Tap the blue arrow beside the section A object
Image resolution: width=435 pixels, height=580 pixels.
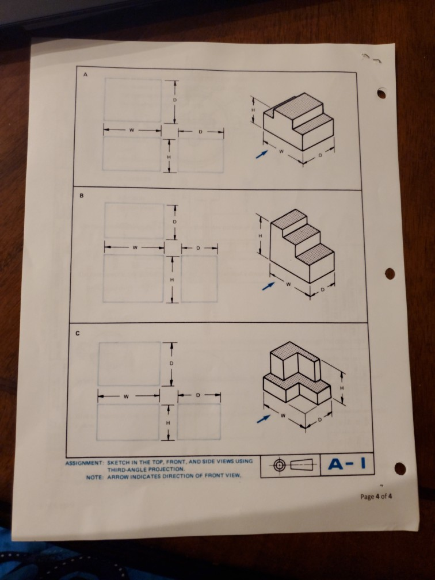pyautogui.click(x=262, y=154)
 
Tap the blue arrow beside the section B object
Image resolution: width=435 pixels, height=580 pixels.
pyautogui.click(x=265, y=285)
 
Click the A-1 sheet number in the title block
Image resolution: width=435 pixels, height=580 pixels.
pyautogui.click(x=348, y=464)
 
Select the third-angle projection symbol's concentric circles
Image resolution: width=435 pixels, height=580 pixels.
pyautogui.click(x=280, y=465)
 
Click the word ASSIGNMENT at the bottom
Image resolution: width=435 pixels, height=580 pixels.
pyautogui.click(x=84, y=462)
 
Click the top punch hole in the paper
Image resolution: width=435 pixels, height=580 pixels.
pyautogui.click(x=381, y=93)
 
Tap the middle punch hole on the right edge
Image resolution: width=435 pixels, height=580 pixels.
pyautogui.click(x=390, y=273)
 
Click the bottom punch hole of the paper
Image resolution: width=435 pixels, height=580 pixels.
pyautogui.click(x=399, y=469)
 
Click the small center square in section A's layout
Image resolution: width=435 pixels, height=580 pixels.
pyautogui.click(x=169, y=131)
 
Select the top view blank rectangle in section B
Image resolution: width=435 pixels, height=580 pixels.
pyautogui.click(x=134, y=220)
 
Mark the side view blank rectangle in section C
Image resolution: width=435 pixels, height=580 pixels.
pyautogui.click(x=199, y=422)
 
